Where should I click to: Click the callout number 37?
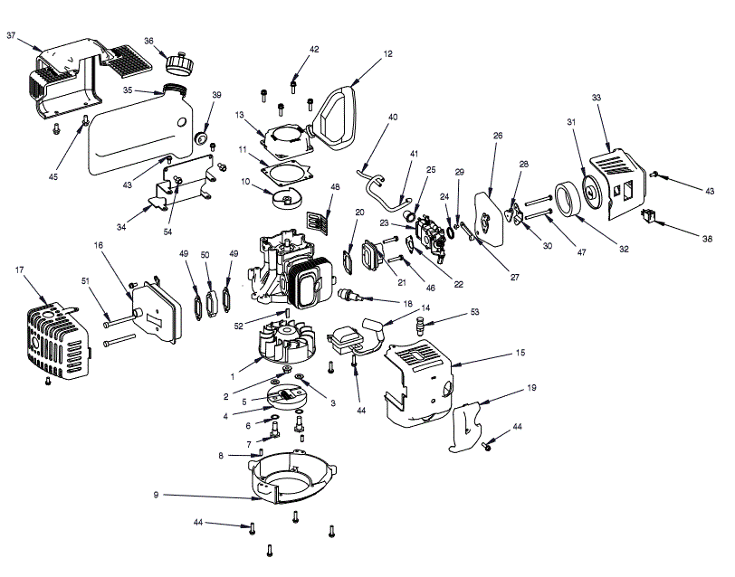tap(12, 35)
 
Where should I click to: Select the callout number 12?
tap(388, 54)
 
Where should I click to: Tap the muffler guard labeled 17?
tap(56, 341)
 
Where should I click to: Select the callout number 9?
tap(157, 495)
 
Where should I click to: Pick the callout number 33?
tap(597, 98)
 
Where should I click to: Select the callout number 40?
tap(393, 117)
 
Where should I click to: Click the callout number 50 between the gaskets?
tap(205, 256)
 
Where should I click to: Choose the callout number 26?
tap(498, 137)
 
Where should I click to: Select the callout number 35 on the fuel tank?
tap(129, 90)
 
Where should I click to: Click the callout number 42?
tap(314, 49)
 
